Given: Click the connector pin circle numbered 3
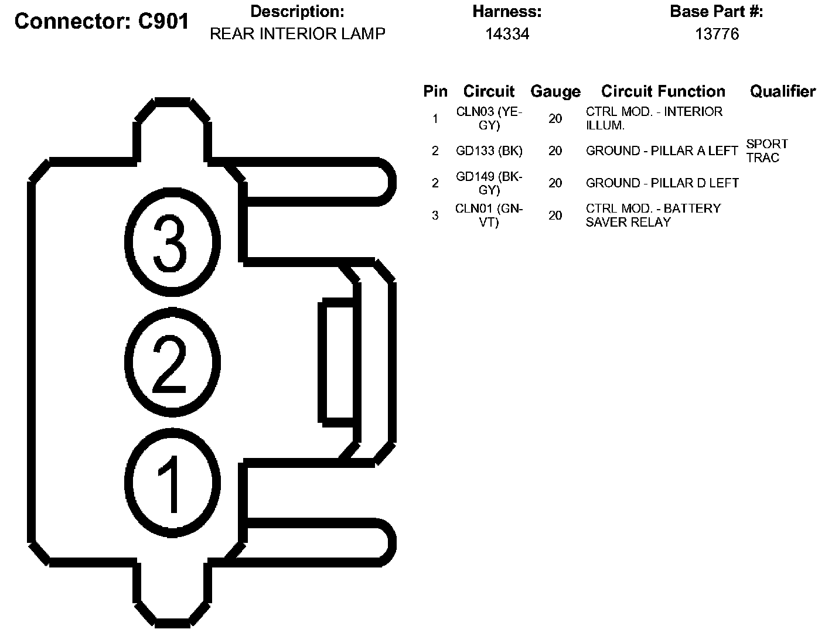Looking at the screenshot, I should click(172, 244).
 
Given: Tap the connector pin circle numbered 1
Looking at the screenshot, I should click(172, 483).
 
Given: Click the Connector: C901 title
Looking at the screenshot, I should click(101, 22).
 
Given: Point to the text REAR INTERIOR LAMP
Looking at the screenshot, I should click(297, 34).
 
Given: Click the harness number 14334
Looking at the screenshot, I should click(507, 34).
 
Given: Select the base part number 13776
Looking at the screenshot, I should click(717, 34).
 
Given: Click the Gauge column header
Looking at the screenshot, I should click(555, 91).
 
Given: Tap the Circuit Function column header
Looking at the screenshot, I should click(663, 91).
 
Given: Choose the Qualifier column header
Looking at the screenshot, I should click(782, 91).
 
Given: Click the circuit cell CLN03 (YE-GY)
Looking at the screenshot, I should click(489, 118).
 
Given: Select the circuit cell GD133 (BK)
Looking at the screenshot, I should click(489, 151).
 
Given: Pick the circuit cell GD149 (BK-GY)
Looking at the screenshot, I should click(489, 183).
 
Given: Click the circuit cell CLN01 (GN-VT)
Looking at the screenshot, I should click(489, 216).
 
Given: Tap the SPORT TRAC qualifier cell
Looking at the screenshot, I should click(766, 151).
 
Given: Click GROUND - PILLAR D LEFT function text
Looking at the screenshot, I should click(662, 183).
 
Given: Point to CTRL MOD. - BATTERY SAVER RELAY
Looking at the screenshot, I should click(653, 216).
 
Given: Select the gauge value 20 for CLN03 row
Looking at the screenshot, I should click(555, 119).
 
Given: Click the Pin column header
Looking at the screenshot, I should click(435, 91).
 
